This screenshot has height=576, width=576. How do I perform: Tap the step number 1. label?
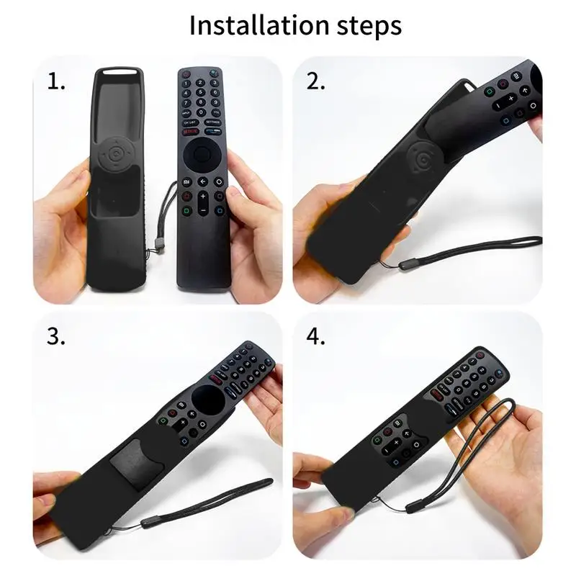57,81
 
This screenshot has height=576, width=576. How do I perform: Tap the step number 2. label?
316,81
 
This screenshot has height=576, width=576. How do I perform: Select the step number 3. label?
57,337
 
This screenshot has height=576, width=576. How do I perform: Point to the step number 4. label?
316,337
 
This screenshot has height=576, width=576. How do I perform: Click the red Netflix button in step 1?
189,132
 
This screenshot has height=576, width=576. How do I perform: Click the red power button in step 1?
186,73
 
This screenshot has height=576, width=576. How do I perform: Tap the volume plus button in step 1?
202,196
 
